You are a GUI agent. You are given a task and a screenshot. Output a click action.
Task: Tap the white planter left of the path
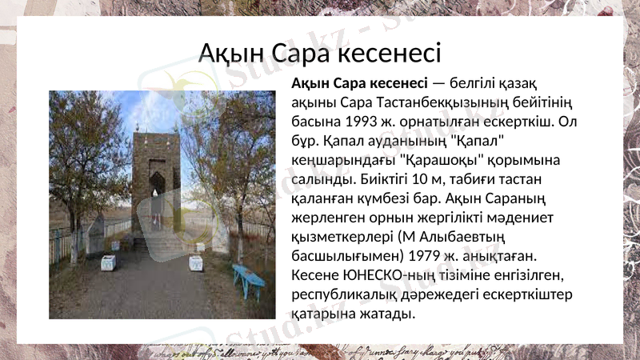(x=107, y=262)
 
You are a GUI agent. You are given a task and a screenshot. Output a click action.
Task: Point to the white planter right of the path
(x=195, y=262)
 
